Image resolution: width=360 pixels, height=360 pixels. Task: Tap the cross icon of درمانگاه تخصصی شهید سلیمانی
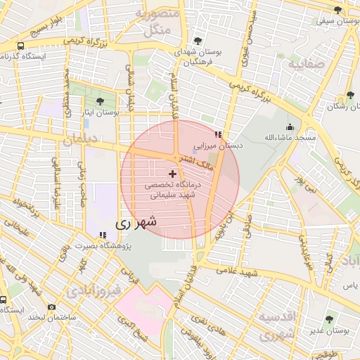(x=173, y=173)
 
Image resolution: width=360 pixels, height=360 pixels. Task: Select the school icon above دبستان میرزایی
(x=218, y=134)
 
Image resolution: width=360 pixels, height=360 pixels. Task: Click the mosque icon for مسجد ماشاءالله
(x=290, y=127)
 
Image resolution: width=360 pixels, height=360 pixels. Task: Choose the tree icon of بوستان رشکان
(x=350, y=95)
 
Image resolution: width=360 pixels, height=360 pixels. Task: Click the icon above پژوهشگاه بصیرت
(x=103, y=235)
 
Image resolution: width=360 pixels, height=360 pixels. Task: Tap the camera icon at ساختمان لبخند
(x=51, y=307)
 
